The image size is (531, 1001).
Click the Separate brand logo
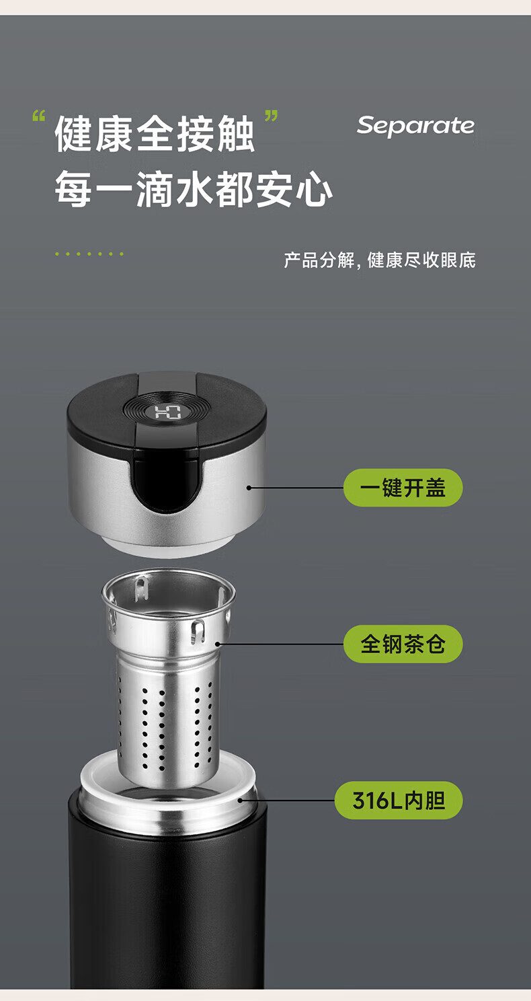(x=415, y=126)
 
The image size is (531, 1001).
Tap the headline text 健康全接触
(x=155, y=134)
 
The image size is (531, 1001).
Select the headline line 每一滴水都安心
(x=194, y=189)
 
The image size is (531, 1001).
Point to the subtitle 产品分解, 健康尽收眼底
(x=380, y=260)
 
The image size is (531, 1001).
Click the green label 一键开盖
(x=403, y=488)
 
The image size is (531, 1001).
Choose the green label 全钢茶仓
(x=403, y=644)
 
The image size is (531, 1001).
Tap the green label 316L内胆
(x=399, y=801)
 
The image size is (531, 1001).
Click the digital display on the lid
(x=168, y=412)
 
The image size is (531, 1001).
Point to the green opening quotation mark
(x=39, y=116)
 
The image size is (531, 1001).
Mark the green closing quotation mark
(x=271, y=116)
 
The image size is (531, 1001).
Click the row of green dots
(x=89, y=254)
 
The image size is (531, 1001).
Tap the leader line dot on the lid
(x=249, y=488)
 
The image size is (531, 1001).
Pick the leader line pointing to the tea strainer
(x=280, y=644)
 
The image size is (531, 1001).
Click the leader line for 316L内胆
(x=286, y=801)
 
